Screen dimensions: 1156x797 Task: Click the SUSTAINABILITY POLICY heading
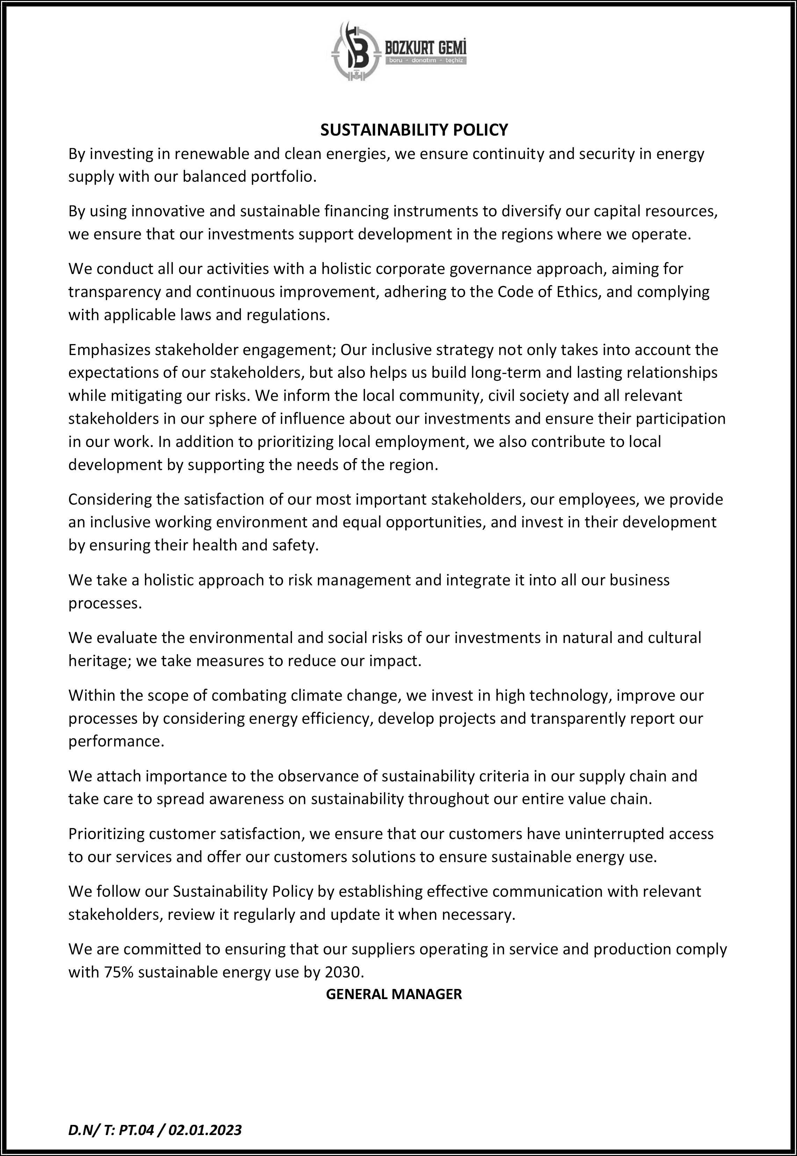click(x=414, y=130)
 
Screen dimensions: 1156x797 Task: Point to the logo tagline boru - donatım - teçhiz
click(x=426, y=61)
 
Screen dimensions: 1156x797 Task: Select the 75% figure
click(x=119, y=972)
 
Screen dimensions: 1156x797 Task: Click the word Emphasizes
click(x=109, y=349)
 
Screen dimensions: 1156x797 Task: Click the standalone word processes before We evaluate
click(x=104, y=603)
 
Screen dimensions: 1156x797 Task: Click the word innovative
click(x=167, y=211)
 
